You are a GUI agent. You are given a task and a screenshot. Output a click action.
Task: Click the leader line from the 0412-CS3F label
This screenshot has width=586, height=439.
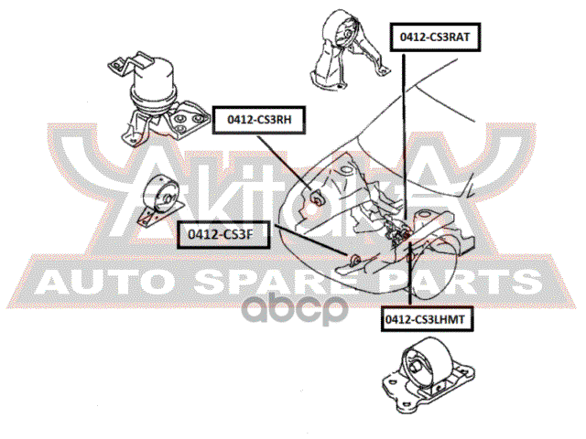point(302,246)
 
